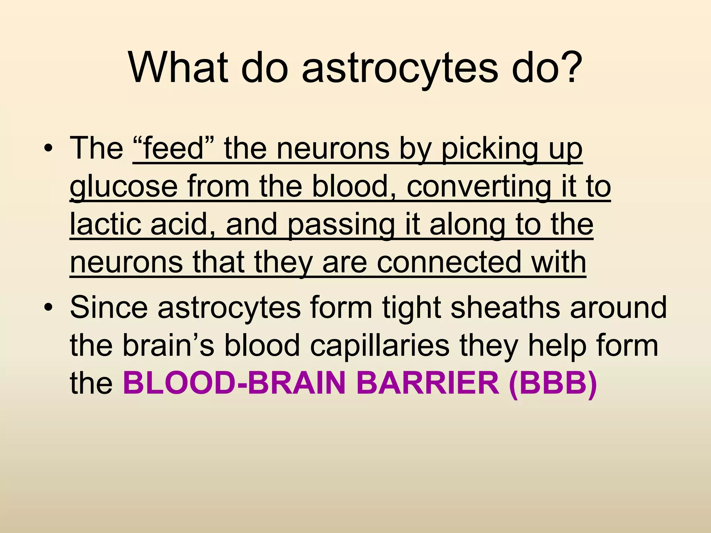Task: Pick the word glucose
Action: point(124,187)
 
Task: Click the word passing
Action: point(341,226)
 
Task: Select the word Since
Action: point(109,307)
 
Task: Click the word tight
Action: point(411,308)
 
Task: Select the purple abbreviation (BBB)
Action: point(553,384)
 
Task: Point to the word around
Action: point(618,307)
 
